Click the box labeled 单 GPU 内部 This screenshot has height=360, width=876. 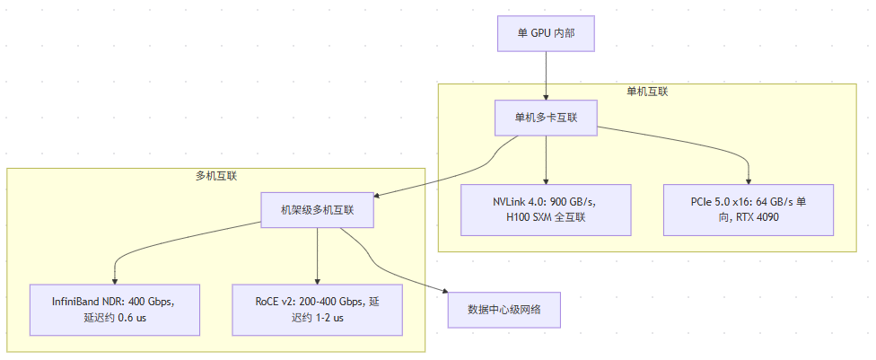coord(546,33)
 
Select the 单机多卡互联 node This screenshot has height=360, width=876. coord(546,118)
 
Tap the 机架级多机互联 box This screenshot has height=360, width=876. coord(318,210)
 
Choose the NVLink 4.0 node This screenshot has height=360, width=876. coord(546,210)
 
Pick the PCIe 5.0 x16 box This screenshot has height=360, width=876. coord(749,210)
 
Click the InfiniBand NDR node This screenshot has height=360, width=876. coord(115,310)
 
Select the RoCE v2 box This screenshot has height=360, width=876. coord(318,310)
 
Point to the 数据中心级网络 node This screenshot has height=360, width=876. coord(504,310)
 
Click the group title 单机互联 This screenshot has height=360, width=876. coord(647,92)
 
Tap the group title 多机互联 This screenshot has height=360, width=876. coord(216,176)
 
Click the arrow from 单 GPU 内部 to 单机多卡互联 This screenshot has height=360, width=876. coord(546,75)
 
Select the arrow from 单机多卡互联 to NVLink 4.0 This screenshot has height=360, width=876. coord(546,160)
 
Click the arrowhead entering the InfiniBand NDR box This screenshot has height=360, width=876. coord(115,281)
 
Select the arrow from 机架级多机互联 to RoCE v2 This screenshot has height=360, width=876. coord(318,256)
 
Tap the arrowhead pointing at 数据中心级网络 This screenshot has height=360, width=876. coord(445,291)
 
